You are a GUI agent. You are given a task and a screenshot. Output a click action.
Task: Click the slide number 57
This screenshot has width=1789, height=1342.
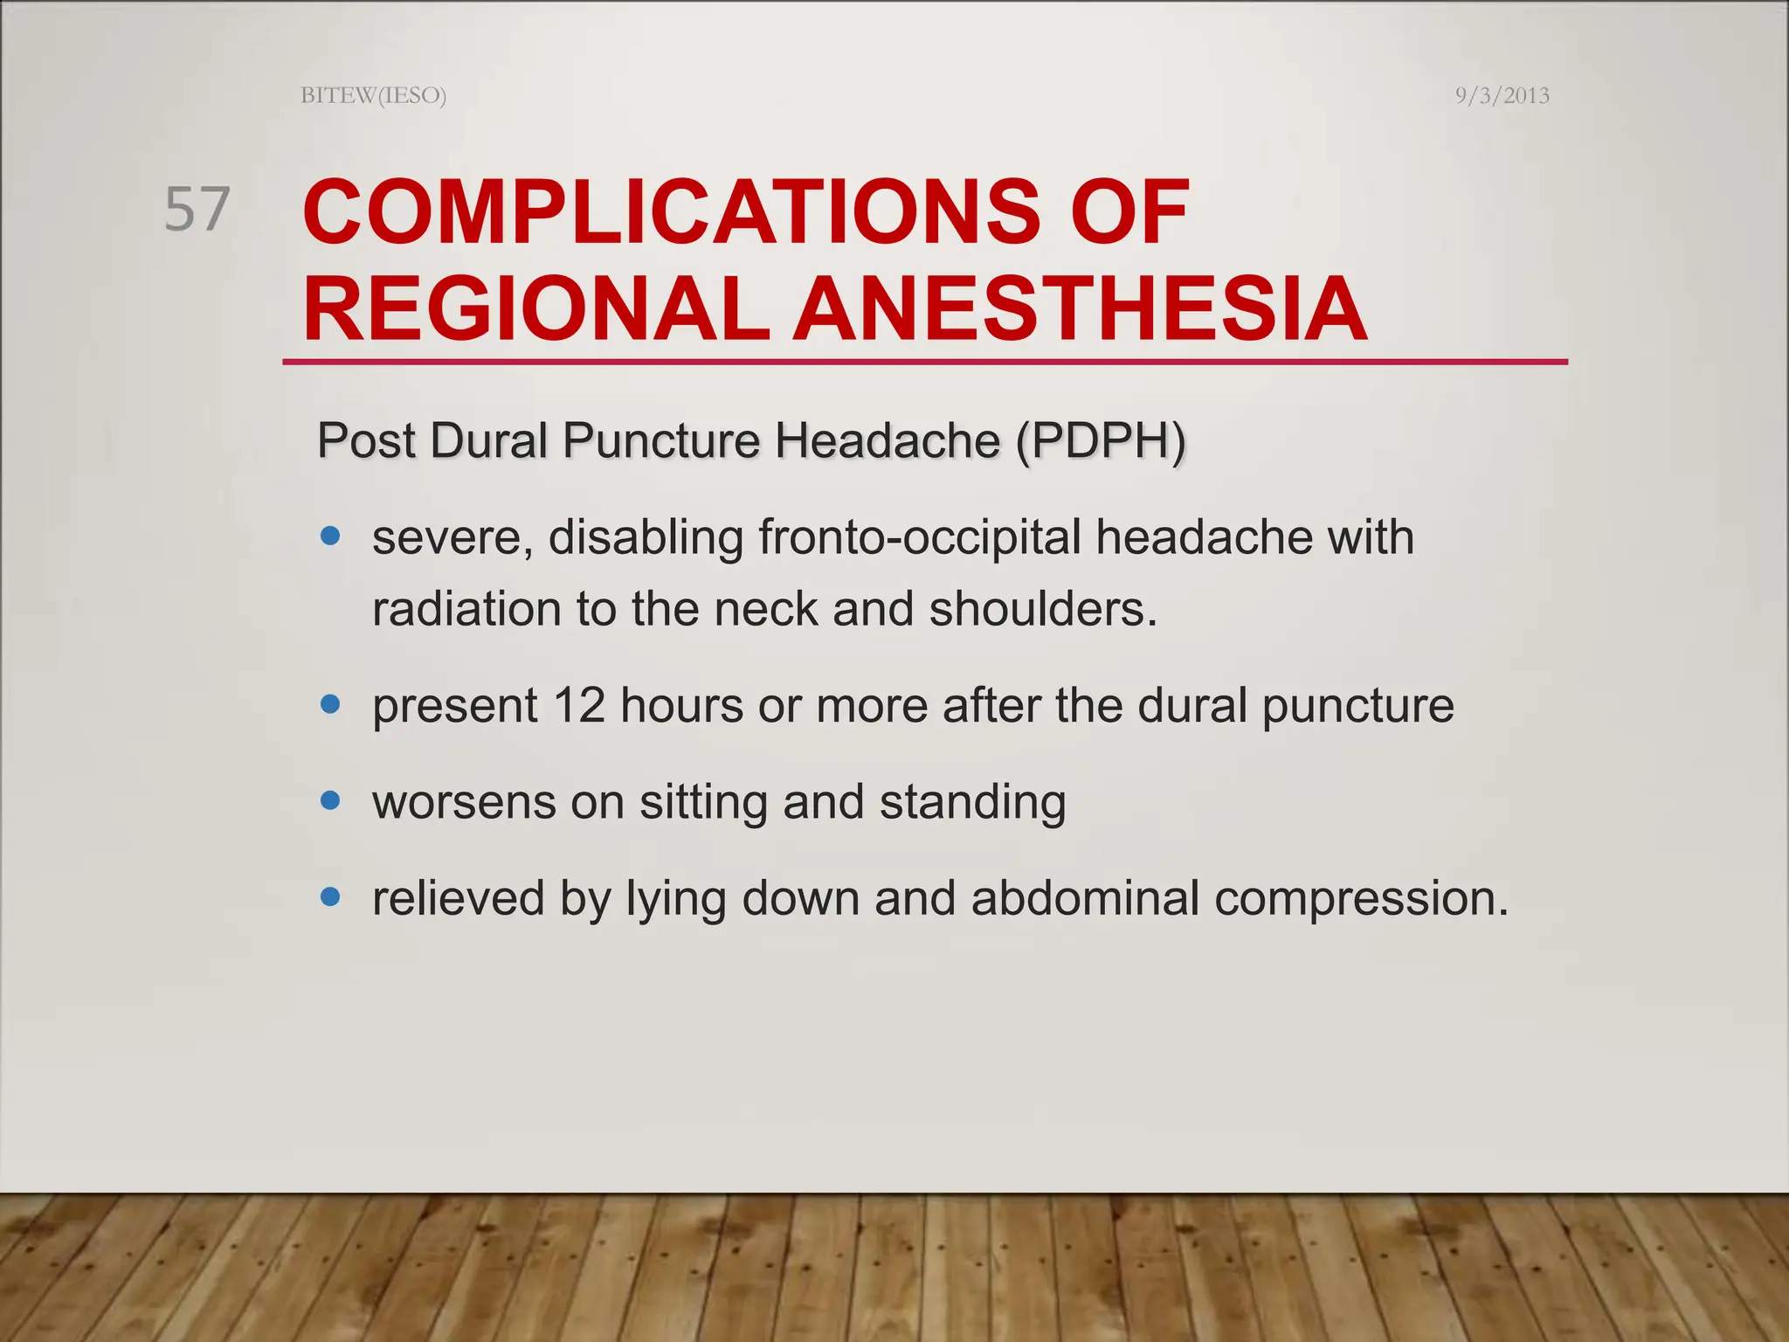197,210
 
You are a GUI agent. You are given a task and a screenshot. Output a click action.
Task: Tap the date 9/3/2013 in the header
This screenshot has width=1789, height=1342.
1502,95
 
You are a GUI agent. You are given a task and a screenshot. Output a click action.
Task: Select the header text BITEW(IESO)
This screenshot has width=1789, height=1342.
373,95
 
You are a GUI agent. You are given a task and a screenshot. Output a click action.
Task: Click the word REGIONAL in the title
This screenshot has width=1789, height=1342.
536,309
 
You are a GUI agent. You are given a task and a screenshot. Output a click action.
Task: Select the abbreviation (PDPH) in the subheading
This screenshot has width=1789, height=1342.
1100,440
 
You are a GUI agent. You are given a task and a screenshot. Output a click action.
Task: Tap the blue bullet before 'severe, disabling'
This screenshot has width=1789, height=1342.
330,536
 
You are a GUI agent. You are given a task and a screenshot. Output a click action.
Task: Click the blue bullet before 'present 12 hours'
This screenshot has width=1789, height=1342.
330,704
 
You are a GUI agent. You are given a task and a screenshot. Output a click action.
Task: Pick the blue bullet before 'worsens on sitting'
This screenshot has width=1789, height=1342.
330,800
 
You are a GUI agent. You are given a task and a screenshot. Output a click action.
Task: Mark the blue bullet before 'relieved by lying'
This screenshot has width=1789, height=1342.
330,896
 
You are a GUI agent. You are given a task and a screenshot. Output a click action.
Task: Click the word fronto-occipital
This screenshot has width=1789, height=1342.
920,536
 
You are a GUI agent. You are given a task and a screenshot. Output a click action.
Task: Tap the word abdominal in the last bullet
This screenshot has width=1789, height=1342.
1085,898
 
